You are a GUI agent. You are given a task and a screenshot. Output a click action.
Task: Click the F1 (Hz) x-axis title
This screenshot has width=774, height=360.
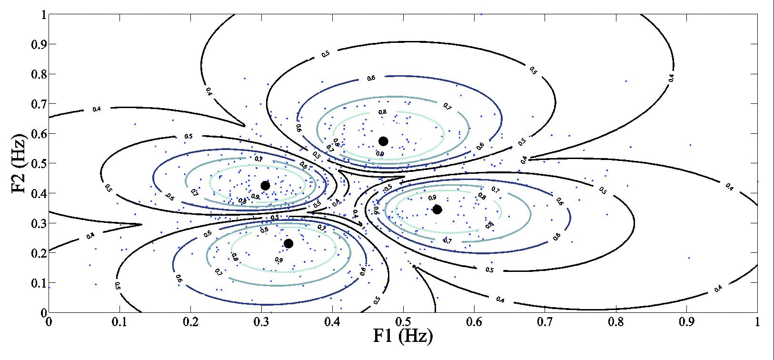pyautogui.click(x=403, y=336)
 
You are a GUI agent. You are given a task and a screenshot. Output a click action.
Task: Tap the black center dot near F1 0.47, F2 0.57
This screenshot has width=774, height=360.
pyautogui.click(x=383, y=141)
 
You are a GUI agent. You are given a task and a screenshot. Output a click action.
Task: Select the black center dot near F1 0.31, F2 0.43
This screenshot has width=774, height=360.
pyautogui.click(x=265, y=185)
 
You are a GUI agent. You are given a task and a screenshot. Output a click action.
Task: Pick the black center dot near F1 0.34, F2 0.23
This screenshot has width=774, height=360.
pyautogui.click(x=288, y=243)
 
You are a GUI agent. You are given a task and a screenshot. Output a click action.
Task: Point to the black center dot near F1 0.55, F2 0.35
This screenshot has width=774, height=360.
pyautogui.click(x=437, y=209)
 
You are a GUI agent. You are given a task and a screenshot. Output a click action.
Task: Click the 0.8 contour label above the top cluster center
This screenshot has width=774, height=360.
pyautogui.click(x=382, y=112)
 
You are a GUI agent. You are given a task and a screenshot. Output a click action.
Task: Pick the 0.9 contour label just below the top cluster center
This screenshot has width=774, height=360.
pyautogui.click(x=380, y=154)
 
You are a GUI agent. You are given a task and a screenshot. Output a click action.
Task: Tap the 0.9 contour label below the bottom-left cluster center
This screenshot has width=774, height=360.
pyautogui.click(x=279, y=260)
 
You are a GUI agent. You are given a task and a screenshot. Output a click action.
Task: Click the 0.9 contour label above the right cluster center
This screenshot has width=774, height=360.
pyautogui.click(x=432, y=197)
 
